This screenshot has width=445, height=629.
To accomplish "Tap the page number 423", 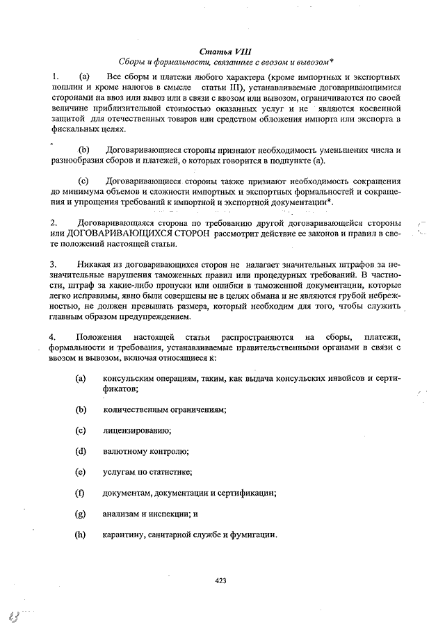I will tap(221, 580).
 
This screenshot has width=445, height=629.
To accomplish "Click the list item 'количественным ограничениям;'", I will tap(165, 409).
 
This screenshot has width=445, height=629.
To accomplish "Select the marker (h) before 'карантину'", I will tap(80, 534).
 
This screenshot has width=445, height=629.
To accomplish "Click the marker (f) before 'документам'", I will tap(79, 493).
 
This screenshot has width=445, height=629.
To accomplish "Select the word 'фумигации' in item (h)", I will tap(255, 534).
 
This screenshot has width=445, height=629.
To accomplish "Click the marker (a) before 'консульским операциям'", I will tap(80, 379).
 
